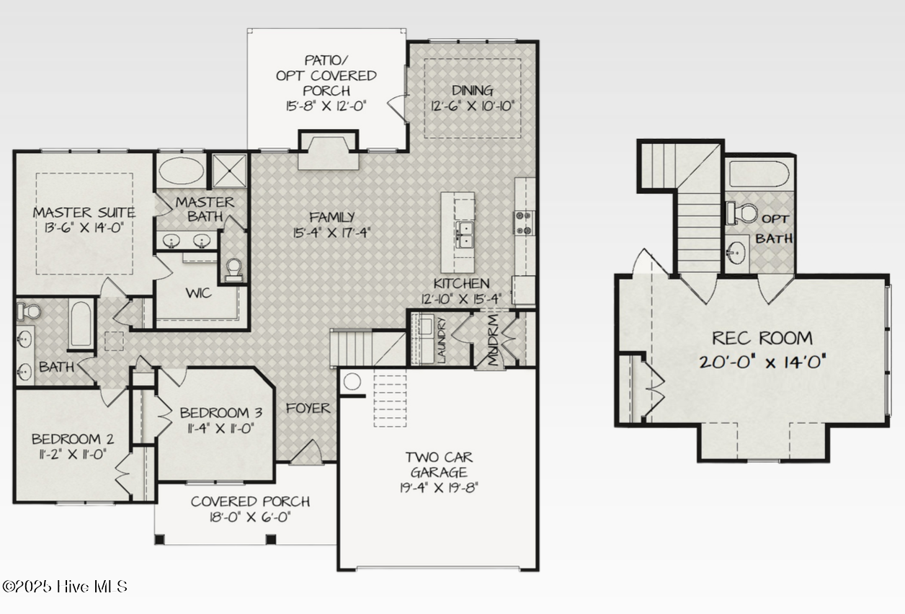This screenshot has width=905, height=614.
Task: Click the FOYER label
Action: coord(308,409)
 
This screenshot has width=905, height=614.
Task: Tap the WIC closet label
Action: coord(198,293)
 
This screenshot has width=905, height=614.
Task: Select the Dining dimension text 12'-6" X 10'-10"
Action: coord(472,107)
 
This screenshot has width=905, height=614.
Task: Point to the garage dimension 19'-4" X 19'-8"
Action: coord(439,488)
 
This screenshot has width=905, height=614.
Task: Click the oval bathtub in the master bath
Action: coord(181,171)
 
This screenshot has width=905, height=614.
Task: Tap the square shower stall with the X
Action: coord(229,171)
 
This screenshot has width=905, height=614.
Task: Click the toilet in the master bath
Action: coord(234,270)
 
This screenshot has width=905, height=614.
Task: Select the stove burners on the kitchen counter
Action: coord(524,223)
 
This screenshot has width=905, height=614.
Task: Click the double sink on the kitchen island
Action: coord(464,234)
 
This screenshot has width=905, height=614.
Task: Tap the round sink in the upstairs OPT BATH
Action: coord(736,253)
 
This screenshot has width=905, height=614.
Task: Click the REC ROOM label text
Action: coord(762,338)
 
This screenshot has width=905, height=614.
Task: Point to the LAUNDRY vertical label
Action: coord(441,340)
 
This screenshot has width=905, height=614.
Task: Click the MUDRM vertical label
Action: coord(493,340)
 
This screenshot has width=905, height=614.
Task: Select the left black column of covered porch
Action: coord(160,539)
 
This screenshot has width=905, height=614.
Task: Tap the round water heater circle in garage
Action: coord(352,381)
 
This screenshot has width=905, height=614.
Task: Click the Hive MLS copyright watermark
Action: coord(65,587)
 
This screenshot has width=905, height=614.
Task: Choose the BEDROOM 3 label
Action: coord(221,413)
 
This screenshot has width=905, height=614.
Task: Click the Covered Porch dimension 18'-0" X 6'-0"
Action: coord(250,517)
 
